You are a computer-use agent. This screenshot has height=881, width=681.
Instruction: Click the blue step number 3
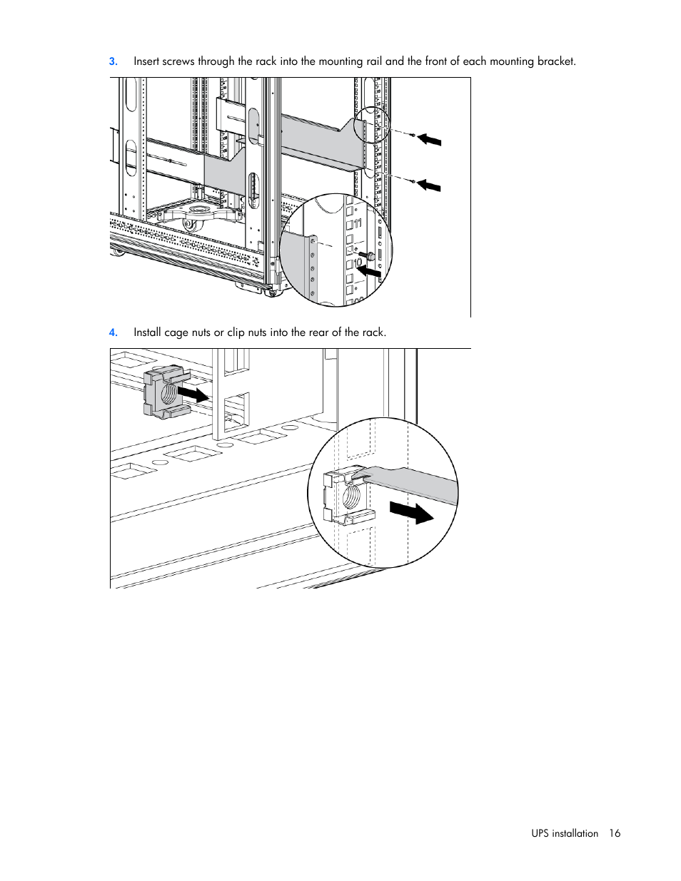tap(113, 61)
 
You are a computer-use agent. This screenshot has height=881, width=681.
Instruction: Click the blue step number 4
tap(113, 332)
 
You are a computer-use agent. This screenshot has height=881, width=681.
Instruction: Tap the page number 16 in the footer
tap(615, 833)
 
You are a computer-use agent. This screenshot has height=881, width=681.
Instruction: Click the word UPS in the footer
tap(540, 833)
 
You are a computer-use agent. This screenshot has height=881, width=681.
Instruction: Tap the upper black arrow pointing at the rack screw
tap(429, 139)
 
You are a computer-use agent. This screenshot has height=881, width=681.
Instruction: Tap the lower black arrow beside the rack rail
tap(428, 185)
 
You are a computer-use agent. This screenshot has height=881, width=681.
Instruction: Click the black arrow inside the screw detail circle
tap(368, 270)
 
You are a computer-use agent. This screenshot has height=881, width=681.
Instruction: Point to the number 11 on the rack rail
tap(358, 223)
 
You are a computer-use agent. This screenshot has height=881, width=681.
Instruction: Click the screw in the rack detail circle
tap(367, 255)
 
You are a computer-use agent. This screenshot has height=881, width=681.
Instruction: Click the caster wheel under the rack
tap(189, 225)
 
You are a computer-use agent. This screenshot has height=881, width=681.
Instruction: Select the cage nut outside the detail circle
tap(165, 392)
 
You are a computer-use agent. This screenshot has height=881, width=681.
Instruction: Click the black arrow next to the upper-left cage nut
tap(193, 394)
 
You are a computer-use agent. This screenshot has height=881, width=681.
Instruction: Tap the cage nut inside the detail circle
tap(348, 495)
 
